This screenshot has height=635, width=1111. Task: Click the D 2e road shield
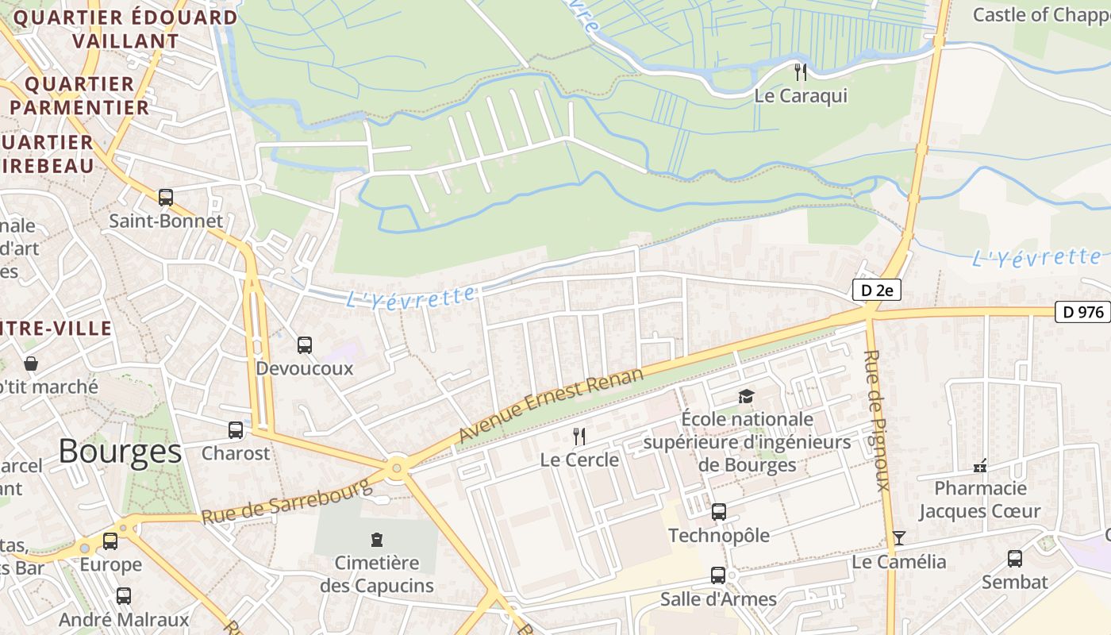(876, 291)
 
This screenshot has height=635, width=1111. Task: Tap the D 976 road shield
(1082, 312)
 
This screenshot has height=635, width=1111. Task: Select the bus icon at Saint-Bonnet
(166, 197)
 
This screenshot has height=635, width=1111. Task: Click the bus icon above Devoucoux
(305, 345)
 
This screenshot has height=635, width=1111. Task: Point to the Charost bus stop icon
(236, 430)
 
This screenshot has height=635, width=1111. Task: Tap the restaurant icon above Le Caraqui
(801, 72)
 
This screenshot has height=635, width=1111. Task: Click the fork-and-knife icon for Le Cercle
(579, 436)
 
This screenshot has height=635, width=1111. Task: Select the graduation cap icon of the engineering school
(746, 395)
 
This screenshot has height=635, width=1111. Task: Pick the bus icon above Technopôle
(719, 512)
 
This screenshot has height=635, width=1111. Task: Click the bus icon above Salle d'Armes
(718, 575)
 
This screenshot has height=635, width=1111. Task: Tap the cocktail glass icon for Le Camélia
(898, 538)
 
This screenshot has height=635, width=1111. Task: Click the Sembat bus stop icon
(1015, 559)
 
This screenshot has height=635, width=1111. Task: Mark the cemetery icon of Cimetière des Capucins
(377, 541)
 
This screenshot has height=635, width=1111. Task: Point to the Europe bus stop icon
(110, 541)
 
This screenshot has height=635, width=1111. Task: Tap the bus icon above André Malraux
(124, 596)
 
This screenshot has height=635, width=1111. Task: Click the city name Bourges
(120, 451)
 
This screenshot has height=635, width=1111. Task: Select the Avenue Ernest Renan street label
(551, 406)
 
